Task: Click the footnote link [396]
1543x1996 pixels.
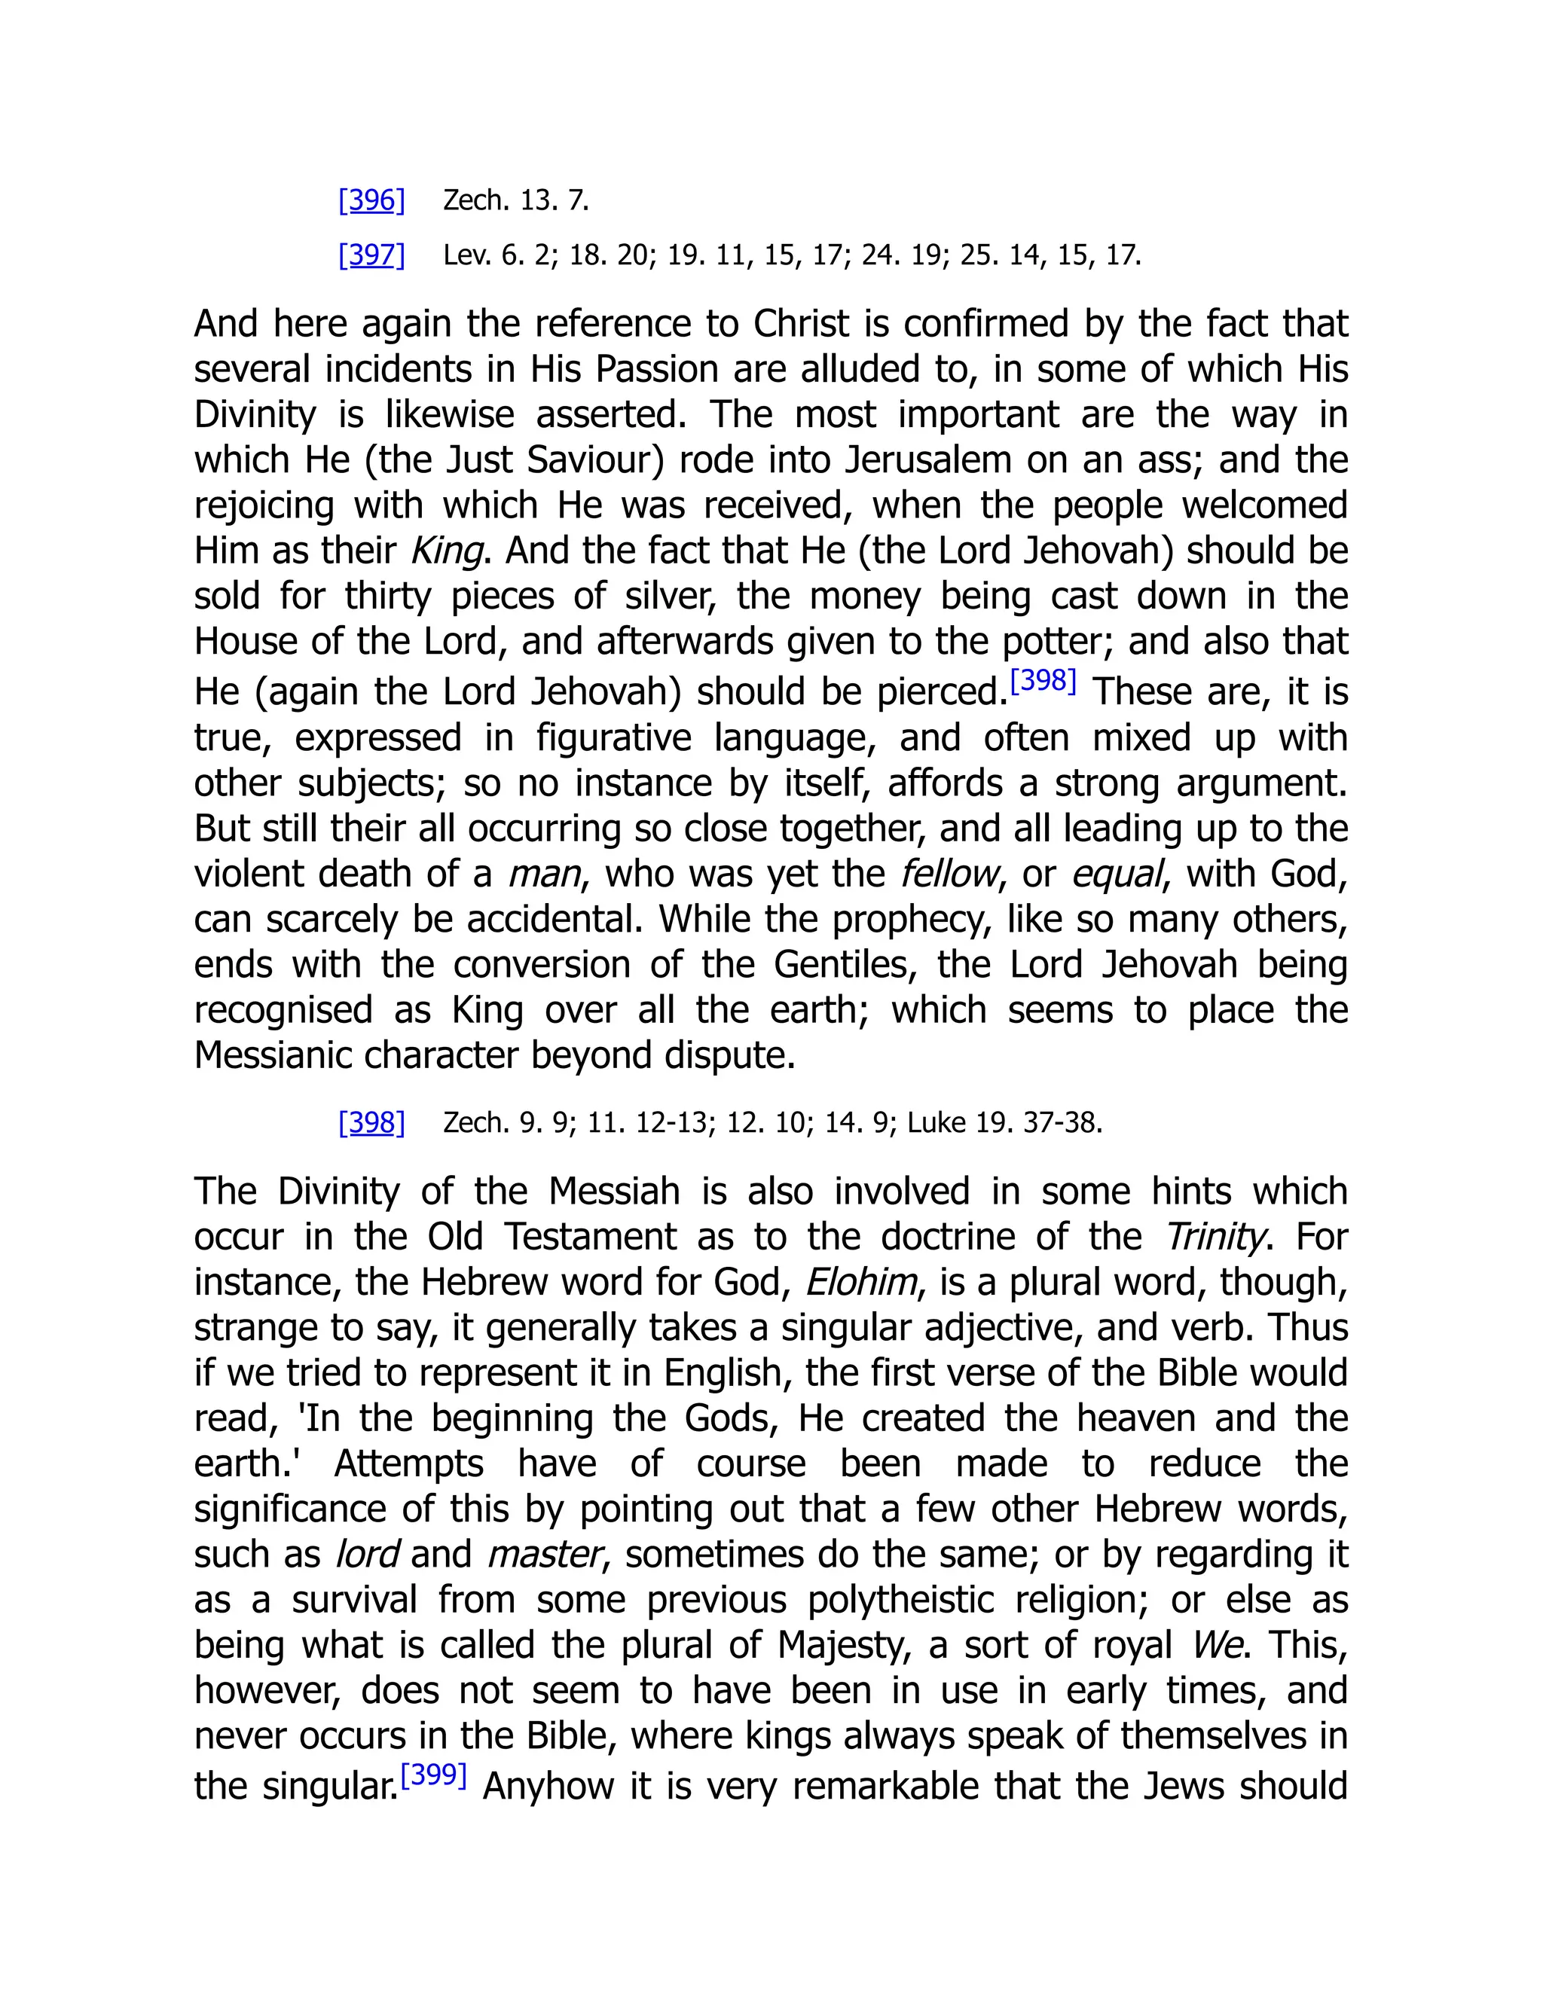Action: [371, 200]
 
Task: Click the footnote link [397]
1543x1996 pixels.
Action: [371, 255]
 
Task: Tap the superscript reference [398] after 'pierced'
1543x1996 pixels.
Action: [1043, 681]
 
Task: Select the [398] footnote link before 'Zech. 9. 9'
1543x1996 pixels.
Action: [371, 1122]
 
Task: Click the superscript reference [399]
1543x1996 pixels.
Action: [434, 1776]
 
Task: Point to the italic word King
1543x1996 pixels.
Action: [446, 551]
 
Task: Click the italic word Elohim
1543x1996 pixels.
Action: [860, 1282]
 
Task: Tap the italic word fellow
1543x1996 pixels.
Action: [948, 874]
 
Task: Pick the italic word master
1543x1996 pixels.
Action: [545, 1555]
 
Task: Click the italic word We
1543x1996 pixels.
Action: [1217, 1645]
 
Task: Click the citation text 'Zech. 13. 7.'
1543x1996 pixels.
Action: [515, 200]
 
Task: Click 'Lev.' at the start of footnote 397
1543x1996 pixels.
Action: [466, 255]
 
